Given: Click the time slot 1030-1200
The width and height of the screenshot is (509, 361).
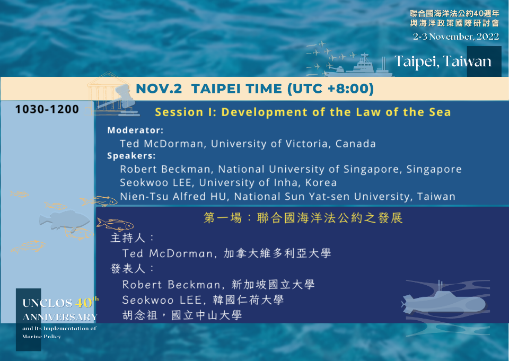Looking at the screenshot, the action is click(x=47, y=109).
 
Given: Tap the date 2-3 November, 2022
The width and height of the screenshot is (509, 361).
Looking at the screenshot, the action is click(x=456, y=37).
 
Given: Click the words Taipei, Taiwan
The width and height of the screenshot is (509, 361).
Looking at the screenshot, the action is click(x=443, y=61).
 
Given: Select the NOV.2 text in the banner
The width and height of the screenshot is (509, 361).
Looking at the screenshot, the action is click(x=159, y=89).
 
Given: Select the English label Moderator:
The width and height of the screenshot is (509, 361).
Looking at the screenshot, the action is click(x=135, y=130).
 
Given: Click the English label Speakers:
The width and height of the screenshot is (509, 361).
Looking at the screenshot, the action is click(x=131, y=156).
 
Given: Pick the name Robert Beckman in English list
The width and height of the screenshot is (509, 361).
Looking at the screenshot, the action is click(x=165, y=169).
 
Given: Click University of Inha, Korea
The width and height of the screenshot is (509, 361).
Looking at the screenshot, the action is click(x=268, y=183).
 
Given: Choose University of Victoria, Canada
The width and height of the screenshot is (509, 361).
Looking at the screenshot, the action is click(x=293, y=144).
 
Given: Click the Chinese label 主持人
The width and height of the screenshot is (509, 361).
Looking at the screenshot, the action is click(x=128, y=238).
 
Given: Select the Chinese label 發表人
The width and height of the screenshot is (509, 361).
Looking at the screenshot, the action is click(x=128, y=268).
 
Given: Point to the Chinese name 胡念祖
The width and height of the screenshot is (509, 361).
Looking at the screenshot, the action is click(x=140, y=315).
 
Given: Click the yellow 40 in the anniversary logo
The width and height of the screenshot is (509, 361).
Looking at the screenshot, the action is click(x=83, y=303).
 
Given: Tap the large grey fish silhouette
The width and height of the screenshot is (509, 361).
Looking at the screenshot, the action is click(x=64, y=221).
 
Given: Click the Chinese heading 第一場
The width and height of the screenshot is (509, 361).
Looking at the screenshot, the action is click(x=223, y=218).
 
